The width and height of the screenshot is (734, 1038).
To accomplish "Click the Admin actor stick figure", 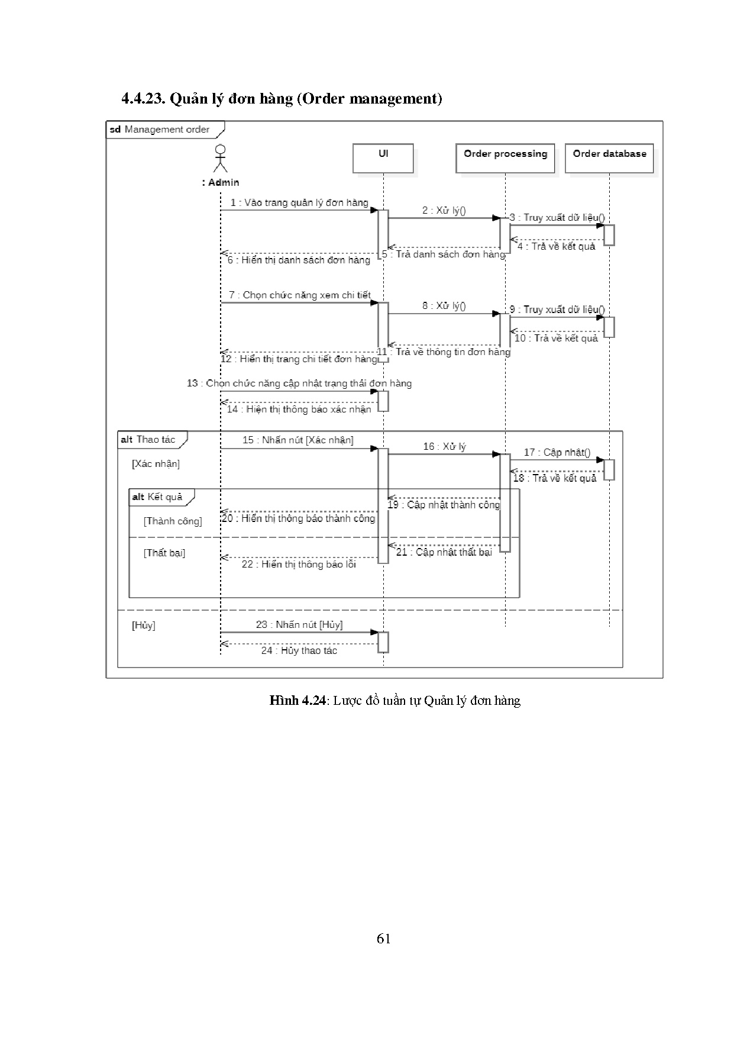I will coord(221,159).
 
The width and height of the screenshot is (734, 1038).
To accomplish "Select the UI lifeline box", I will coord(383,158).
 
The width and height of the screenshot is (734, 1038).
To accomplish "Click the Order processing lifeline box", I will coord(505,158).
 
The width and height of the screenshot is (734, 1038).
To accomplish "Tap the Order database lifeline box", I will coord(609,158).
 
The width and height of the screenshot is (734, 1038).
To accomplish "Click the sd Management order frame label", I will coord(160,130).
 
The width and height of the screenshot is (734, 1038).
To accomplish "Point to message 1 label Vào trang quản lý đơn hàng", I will coord(299,203).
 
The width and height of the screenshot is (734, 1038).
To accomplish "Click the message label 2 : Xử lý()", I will coord(444,211).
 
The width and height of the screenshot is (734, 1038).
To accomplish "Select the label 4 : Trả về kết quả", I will coord(556,246).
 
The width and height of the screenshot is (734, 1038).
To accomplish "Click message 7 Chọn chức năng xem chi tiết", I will coord(300,295).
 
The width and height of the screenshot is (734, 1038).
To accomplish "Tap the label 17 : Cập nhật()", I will coord(557,452).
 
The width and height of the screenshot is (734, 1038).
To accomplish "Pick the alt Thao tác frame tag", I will coord(148,439).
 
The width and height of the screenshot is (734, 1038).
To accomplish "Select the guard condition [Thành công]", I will coord(173,521).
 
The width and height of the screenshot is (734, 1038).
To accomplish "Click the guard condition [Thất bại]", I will coord(164,553).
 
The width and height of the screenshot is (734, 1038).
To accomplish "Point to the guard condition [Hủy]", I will coord(144,625).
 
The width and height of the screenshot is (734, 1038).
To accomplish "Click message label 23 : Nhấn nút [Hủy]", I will coord(299,624).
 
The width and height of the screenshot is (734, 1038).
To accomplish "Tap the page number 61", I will coord(383,939).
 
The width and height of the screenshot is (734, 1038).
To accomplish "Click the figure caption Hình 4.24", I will coord(298,701).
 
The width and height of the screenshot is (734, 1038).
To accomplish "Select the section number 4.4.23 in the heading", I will coord(143,99).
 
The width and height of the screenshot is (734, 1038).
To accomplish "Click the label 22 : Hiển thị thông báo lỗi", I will coord(299,564).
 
